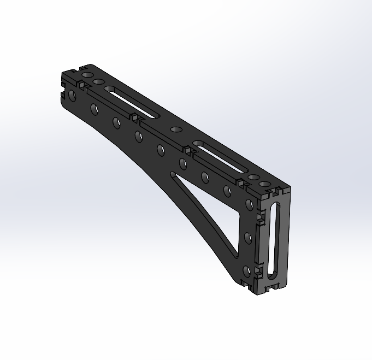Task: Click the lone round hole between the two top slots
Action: tap(176, 129)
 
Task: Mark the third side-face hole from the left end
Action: tap(116, 122)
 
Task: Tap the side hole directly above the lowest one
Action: tap(247, 238)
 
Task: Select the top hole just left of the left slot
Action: tap(98, 82)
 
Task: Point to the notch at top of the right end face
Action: tap(275, 193)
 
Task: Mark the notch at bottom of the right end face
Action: tap(271, 287)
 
